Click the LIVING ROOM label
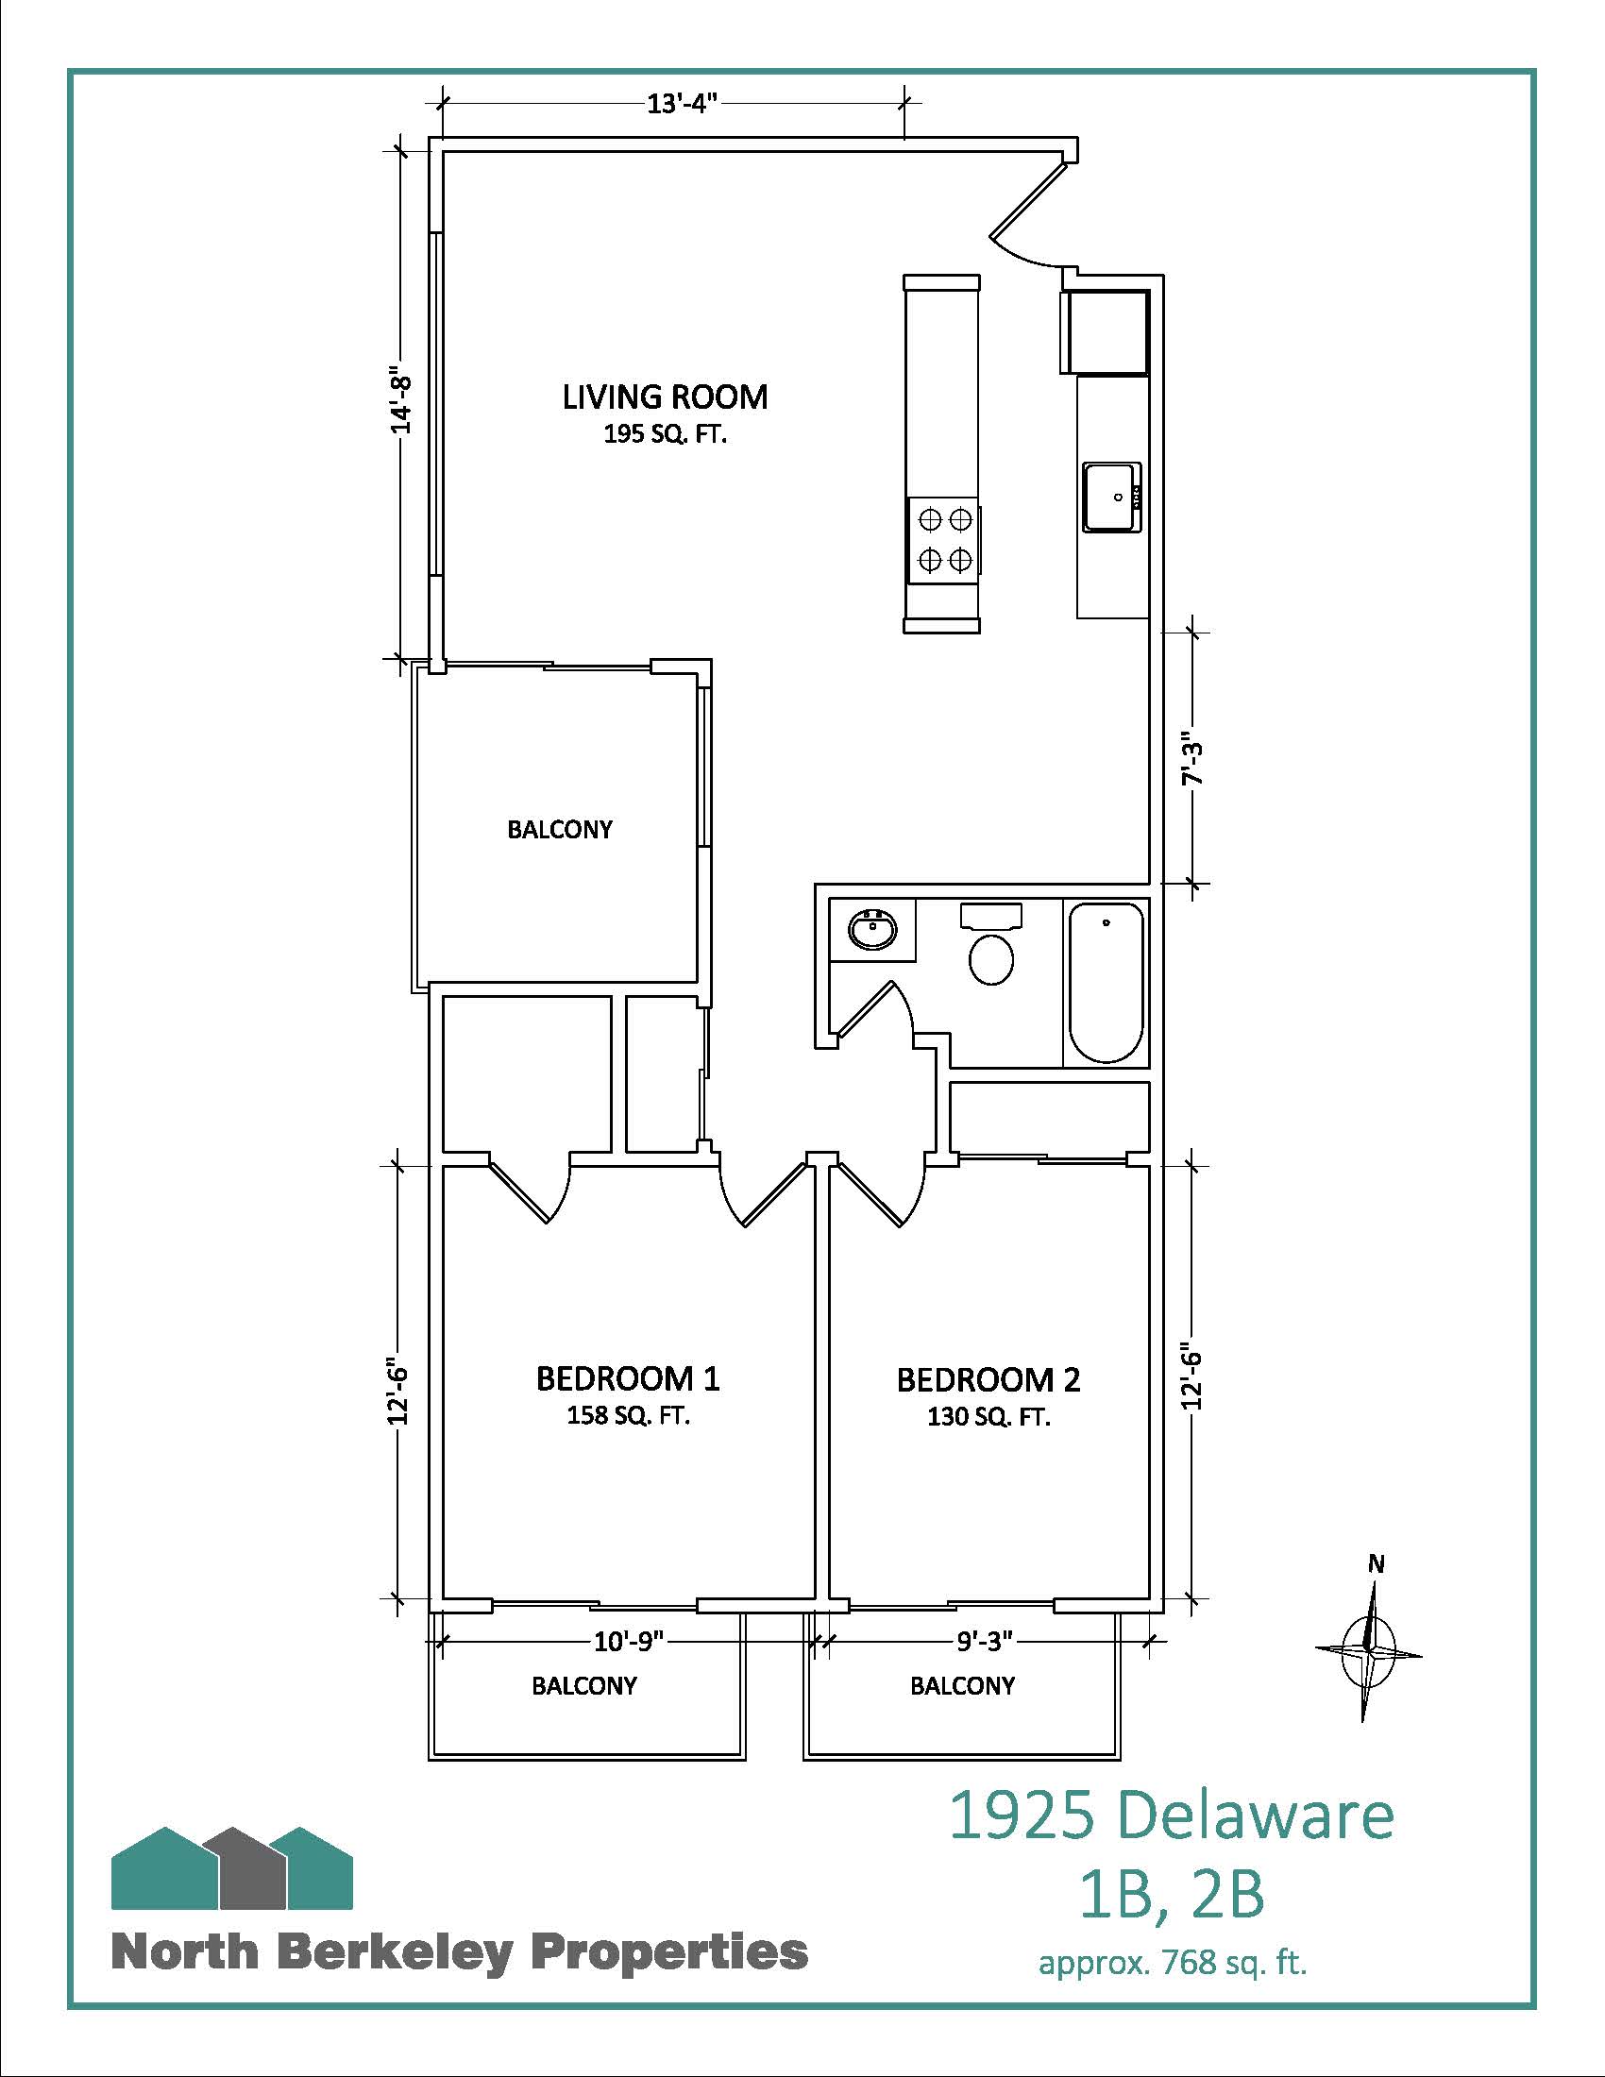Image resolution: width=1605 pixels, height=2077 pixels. click(665, 397)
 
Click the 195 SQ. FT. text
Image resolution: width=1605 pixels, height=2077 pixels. click(665, 435)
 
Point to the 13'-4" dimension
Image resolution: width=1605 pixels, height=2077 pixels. click(681, 104)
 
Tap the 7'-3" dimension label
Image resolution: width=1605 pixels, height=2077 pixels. click(1192, 758)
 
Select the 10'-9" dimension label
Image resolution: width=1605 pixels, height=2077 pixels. click(629, 1641)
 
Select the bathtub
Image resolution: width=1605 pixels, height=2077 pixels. click(1106, 982)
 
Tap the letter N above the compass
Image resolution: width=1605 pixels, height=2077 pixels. click(1376, 1562)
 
